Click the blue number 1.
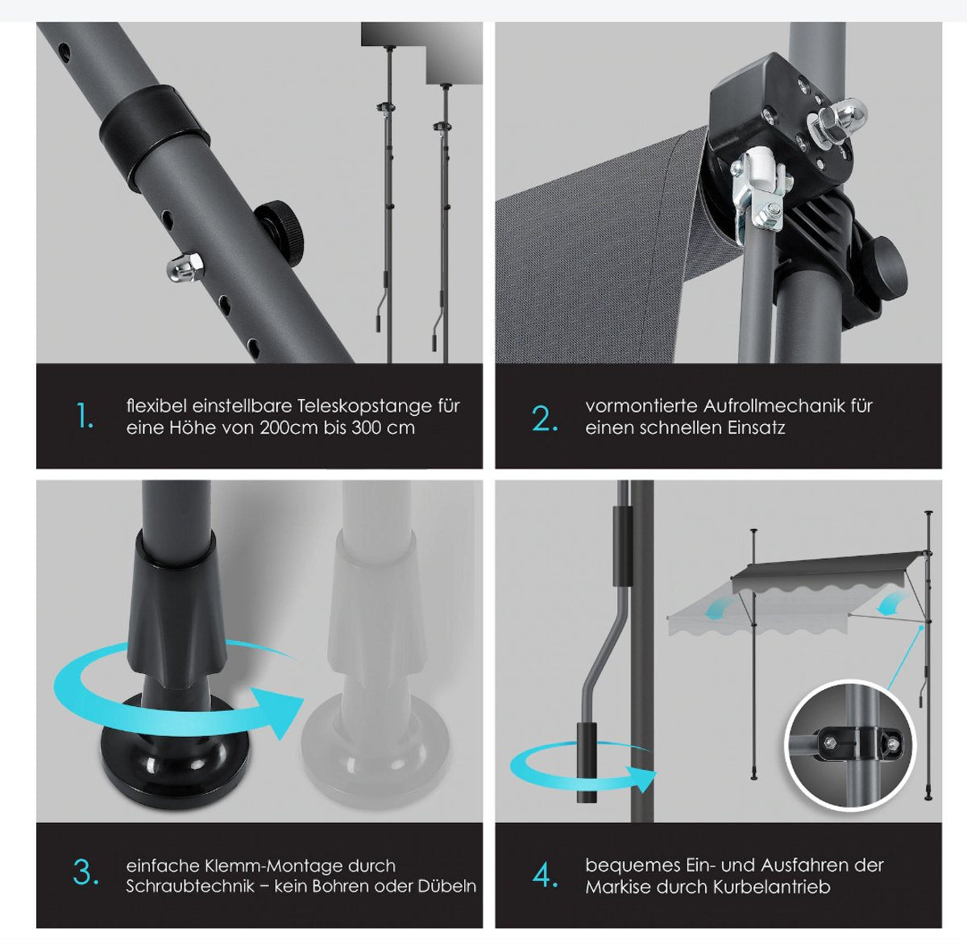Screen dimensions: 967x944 [x=85, y=416]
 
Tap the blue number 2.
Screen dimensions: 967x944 [x=545, y=418]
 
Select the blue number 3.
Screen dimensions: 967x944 [x=85, y=872]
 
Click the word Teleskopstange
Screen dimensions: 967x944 [x=365, y=406]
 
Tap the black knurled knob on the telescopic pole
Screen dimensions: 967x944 [x=279, y=233]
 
